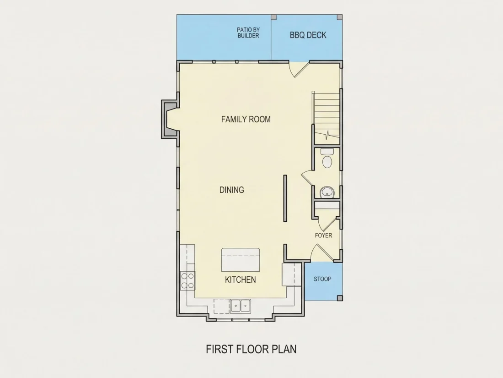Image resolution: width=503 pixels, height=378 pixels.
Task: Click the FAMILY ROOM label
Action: click(246, 119)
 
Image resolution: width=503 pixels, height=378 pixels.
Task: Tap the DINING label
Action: click(232, 190)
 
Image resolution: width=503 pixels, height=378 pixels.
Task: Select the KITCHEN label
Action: click(240, 279)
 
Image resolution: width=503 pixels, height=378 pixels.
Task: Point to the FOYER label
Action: click(323, 236)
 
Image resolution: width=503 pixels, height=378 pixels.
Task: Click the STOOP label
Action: click(322, 279)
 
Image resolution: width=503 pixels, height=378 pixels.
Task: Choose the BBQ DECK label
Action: click(308, 35)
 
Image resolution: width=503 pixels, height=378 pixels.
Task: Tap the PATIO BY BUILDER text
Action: click(248, 33)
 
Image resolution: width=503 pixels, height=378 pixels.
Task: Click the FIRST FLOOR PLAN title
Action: click(251, 349)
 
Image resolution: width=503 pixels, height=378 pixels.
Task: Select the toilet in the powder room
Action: click(327, 159)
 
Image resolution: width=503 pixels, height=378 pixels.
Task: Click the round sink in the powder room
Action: click(327, 192)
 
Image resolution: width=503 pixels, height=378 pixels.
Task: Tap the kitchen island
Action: click(241, 260)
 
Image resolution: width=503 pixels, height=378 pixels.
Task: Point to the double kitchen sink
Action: click(240, 306)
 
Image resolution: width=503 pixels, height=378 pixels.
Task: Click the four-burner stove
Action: click(187, 280)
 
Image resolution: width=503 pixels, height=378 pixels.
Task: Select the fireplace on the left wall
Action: click(169, 119)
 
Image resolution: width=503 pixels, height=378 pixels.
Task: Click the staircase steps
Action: click(326, 118)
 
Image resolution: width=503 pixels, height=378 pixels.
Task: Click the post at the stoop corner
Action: click(340, 298)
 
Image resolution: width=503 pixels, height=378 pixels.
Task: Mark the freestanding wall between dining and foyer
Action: click(285, 198)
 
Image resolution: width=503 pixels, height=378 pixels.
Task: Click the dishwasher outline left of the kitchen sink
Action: click(222, 306)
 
